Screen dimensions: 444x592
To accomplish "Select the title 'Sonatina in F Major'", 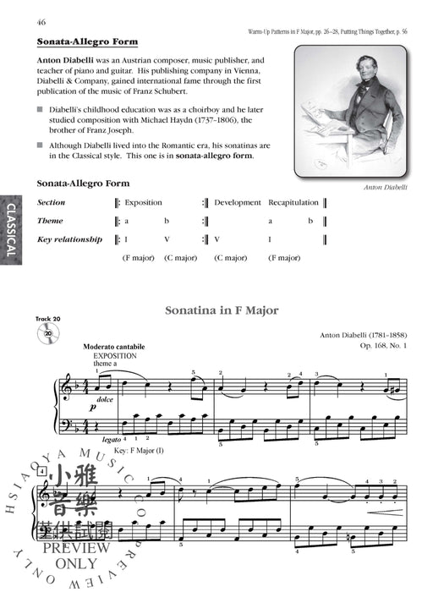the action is click(222, 310).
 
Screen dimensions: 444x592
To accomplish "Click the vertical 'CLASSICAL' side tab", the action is click(11, 229).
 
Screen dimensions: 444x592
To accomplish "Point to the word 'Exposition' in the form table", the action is click(143, 203).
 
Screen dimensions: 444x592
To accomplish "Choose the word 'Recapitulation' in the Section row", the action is click(293, 203).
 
